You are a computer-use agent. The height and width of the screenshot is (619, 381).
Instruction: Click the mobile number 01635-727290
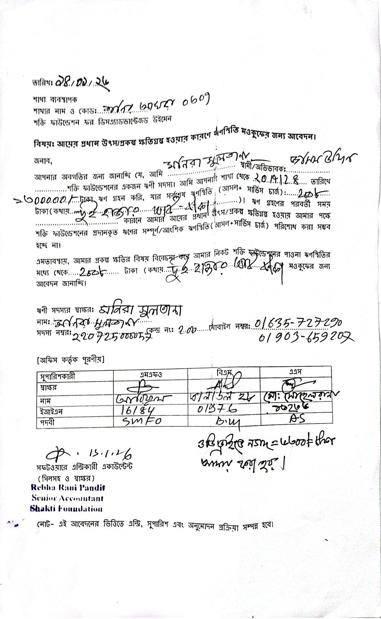tap(298, 323)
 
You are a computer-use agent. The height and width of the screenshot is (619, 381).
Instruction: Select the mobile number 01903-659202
tap(306, 336)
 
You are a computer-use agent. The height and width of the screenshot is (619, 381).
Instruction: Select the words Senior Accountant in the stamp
tap(68, 498)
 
